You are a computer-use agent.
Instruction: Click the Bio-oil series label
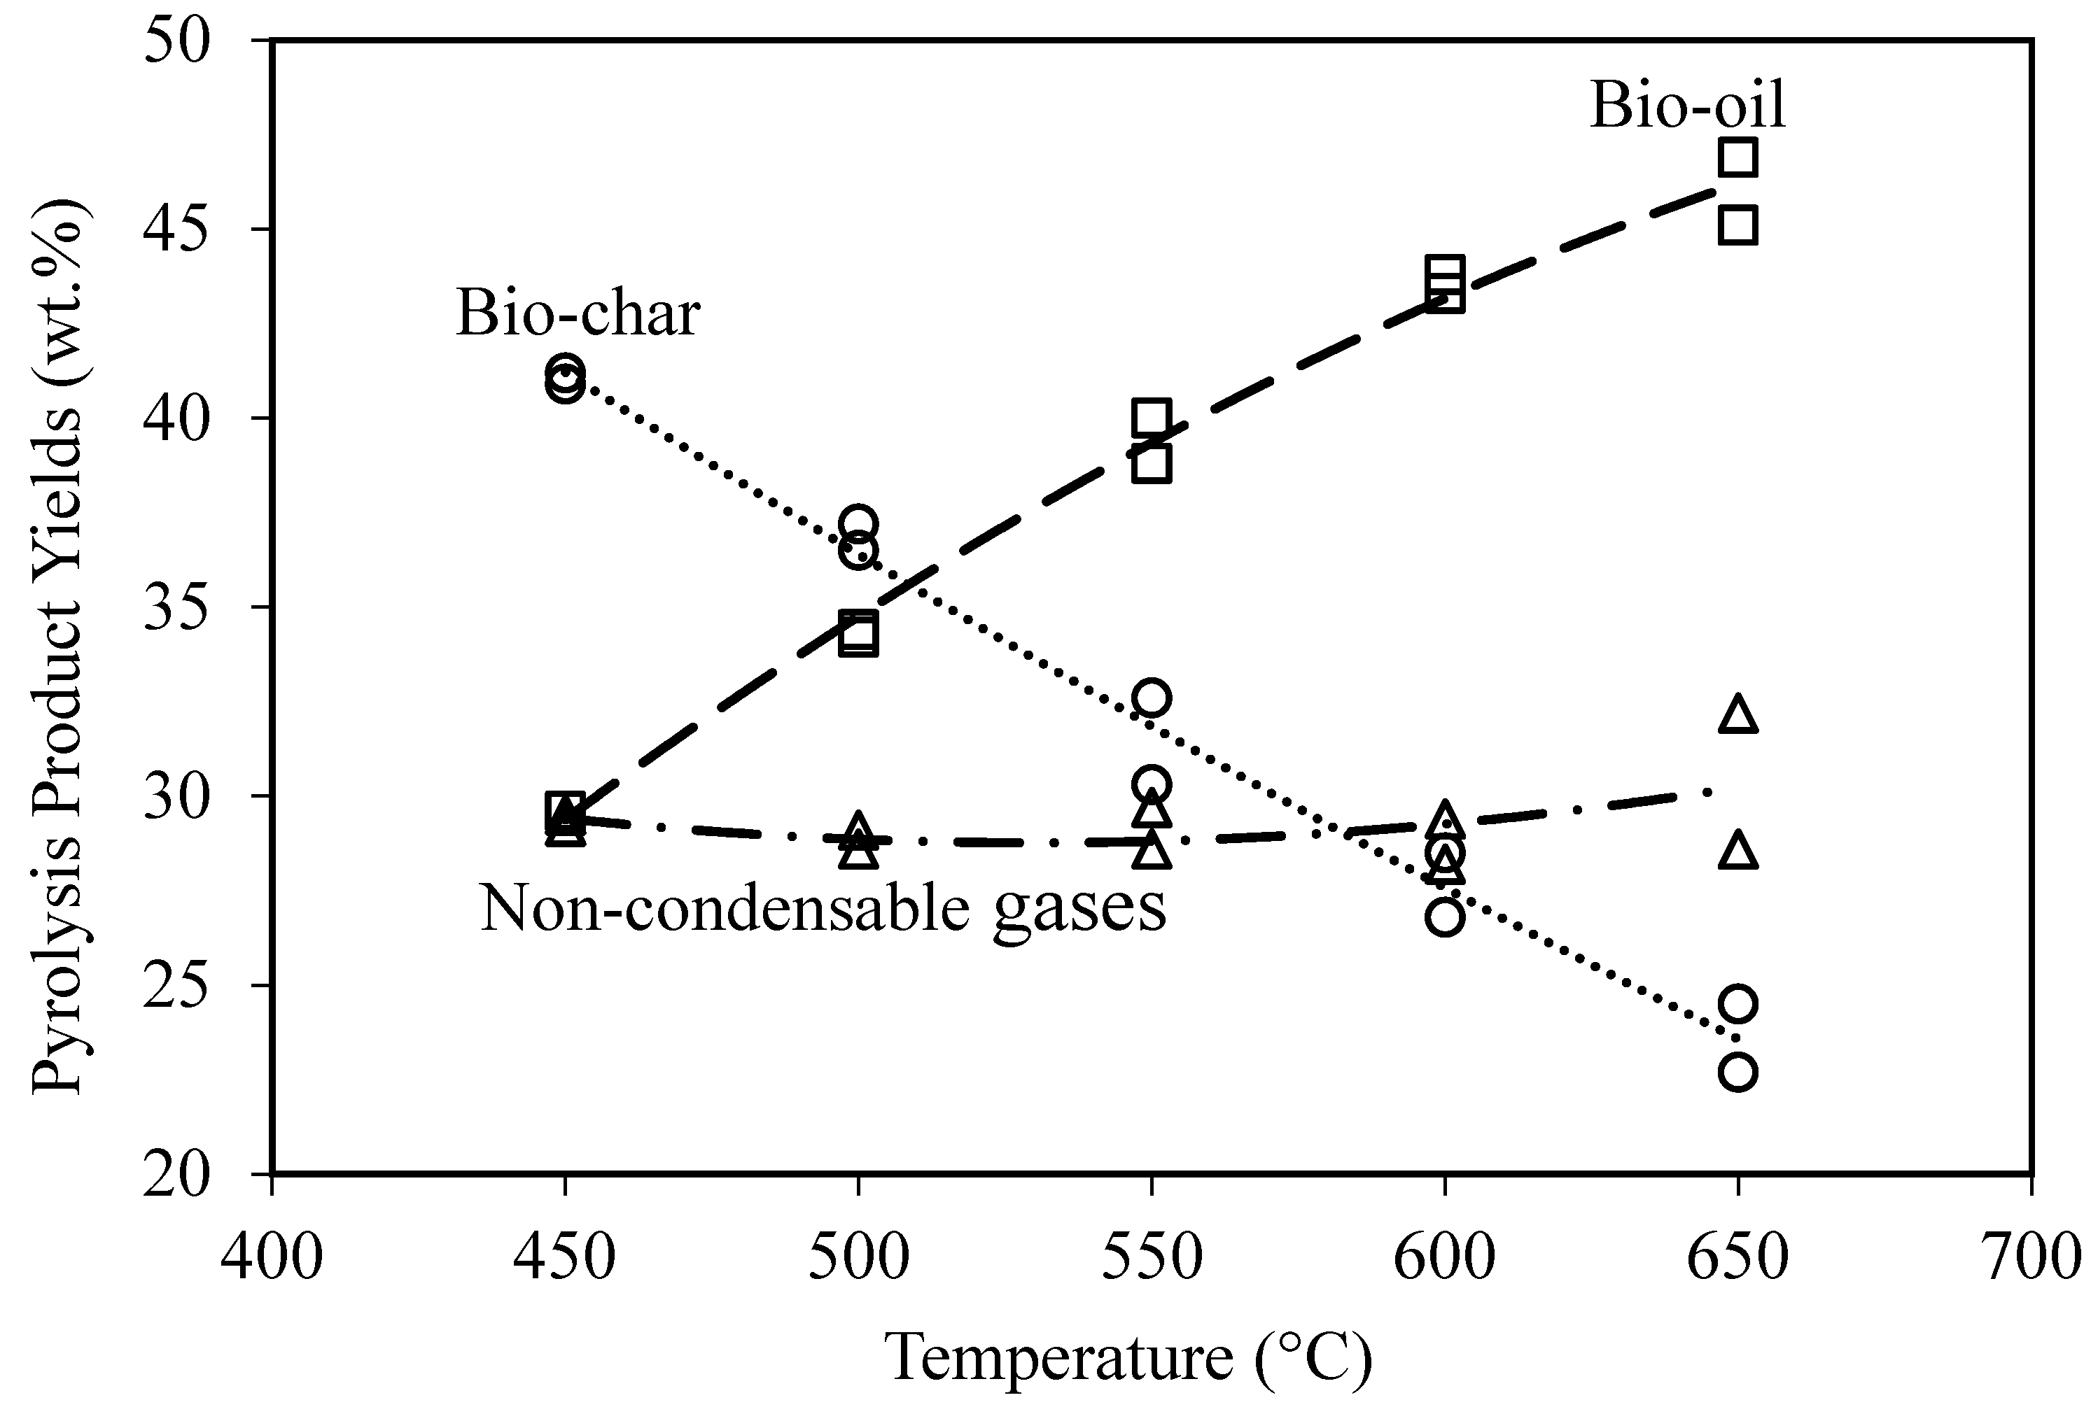pyautogui.click(x=1688, y=105)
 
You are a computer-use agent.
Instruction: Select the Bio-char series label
pyautogui.click(x=578, y=313)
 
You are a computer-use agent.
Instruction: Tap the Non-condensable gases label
pyautogui.click(x=823, y=908)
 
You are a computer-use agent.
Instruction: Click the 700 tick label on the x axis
pyautogui.click(x=2031, y=1257)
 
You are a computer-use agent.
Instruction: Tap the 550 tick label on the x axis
pyautogui.click(x=1152, y=1257)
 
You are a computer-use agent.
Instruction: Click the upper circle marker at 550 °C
pyautogui.click(x=1152, y=698)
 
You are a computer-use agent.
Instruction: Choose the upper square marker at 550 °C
pyautogui.click(x=1152, y=417)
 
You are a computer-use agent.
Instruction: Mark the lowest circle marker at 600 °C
pyautogui.click(x=1444, y=917)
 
